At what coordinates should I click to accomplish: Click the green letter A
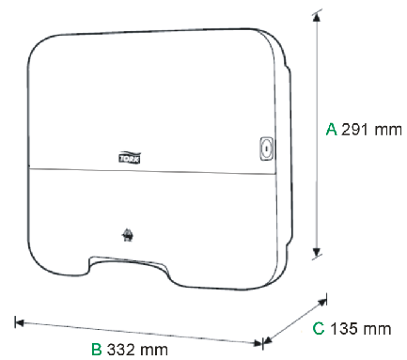coord(331,129)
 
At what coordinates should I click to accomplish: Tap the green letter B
coord(97,349)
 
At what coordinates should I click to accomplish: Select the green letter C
coord(319,328)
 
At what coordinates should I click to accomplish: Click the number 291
coord(354,129)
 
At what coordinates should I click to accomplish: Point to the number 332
coord(120,349)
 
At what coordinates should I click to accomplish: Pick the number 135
coord(344,329)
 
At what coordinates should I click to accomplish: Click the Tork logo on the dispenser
coord(130,158)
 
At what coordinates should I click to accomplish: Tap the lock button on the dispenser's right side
coord(266,149)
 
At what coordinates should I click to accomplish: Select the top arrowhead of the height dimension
coord(317,18)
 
